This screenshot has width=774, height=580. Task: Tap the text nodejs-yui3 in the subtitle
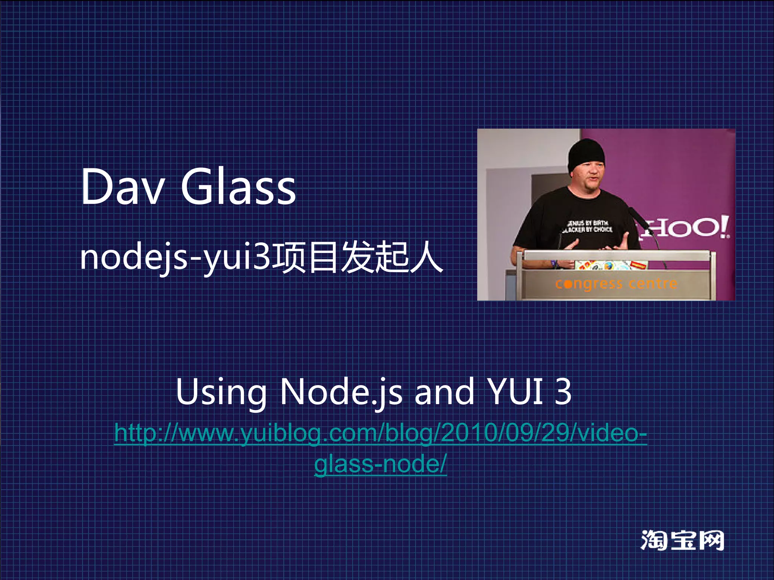pos(175,258)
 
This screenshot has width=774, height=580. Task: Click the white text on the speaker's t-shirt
pos(587,226)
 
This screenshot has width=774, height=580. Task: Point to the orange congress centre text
pos(616,284)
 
